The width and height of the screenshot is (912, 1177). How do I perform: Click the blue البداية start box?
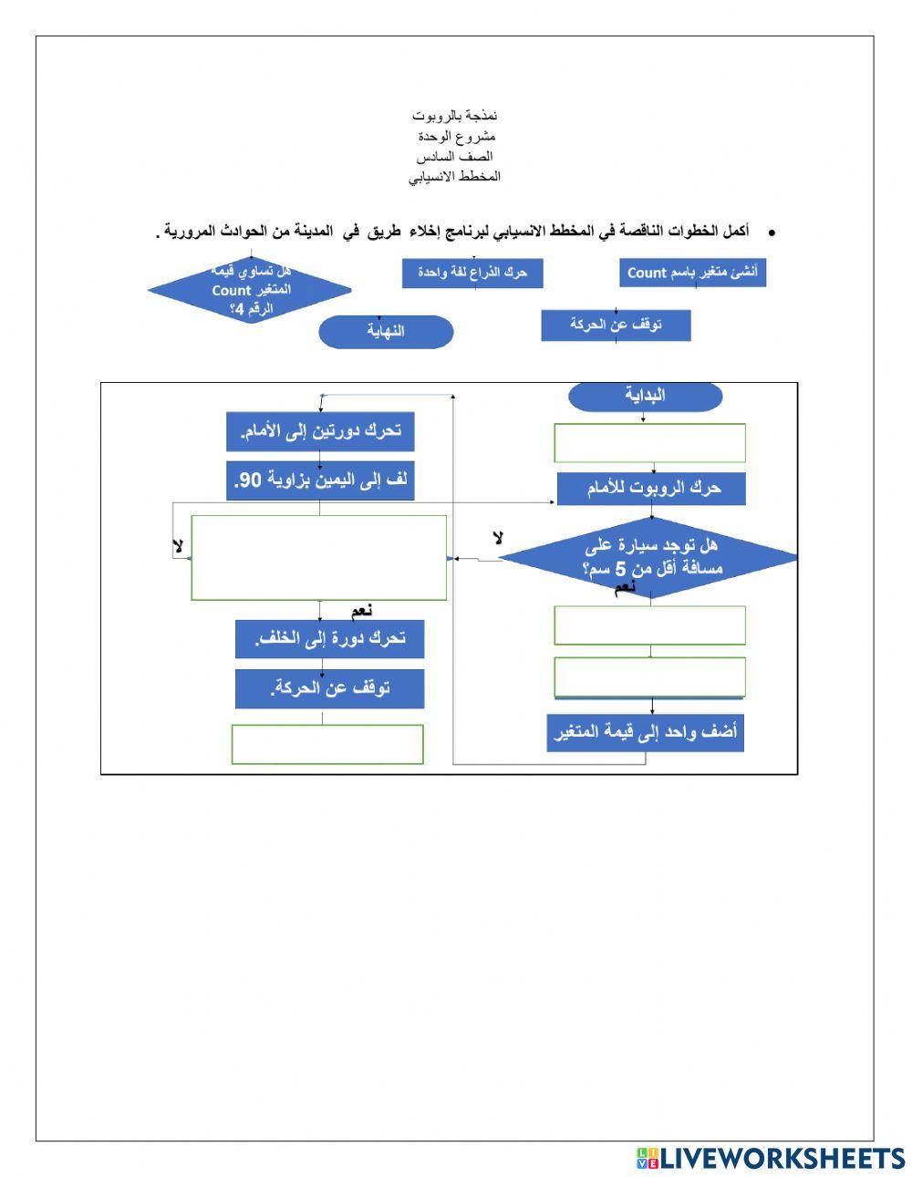(645, 396)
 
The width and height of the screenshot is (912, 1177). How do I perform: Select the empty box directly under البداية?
(649, 443)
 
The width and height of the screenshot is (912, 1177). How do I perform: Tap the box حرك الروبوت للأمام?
(651, 489)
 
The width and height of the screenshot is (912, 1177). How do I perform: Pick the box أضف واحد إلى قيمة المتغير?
(646, 732)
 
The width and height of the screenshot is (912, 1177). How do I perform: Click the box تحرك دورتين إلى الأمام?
(320, 431)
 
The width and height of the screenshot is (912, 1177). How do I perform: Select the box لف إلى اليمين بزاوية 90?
(320, 480)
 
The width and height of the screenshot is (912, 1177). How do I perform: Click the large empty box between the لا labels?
(318, 558)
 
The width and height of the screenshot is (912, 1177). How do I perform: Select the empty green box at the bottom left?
(327, 744)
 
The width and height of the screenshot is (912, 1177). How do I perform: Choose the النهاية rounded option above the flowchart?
(386, 332)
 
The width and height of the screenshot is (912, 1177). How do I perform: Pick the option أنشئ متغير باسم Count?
(692, 273)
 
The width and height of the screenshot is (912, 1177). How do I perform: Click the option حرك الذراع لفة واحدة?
(472, 273)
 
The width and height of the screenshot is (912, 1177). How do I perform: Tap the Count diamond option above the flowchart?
(250, 291)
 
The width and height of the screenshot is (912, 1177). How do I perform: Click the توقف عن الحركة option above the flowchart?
(616, 325)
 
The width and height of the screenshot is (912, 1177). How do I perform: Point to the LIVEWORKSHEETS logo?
(770, 1158)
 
